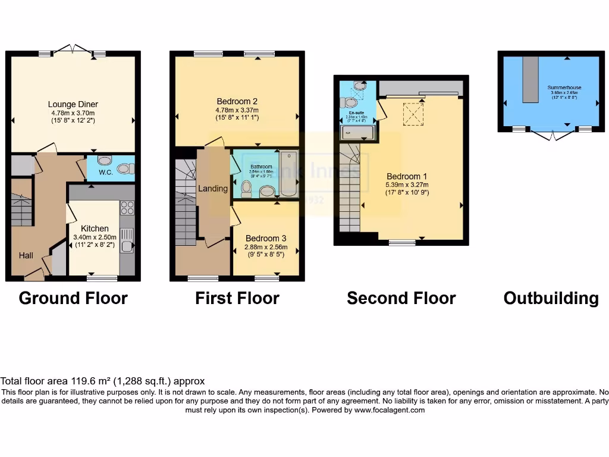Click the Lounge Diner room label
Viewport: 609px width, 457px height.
[73, 105]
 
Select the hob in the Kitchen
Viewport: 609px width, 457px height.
[127, 208]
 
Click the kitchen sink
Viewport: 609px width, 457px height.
[127, 245]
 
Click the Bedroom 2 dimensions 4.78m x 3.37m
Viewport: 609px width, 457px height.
[237, 109]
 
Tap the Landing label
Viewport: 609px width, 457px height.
[213, 189]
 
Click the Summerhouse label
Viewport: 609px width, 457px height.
[564, 87]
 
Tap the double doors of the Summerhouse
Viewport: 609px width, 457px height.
[553, 135]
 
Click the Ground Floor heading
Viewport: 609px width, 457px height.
[73, 298]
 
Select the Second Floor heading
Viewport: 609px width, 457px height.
[401, 298]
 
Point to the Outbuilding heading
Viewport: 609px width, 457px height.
[551, 298]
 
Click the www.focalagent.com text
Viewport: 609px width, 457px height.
[390, 410]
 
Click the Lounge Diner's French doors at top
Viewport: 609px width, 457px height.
[73, 49]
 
